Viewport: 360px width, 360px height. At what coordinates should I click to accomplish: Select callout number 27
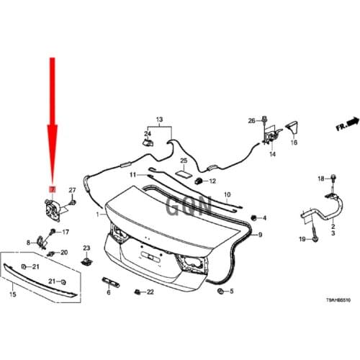[72, 189]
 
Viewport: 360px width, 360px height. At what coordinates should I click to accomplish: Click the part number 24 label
[147, 133]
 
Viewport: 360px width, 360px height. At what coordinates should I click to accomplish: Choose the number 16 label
[294, 143]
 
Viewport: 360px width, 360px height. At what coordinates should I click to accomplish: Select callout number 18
[321, 178]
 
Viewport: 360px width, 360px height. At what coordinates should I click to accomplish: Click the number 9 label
[261, 235]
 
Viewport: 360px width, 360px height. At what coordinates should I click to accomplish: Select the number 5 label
[232, 292]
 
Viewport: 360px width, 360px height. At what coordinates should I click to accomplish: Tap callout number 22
[150, 292]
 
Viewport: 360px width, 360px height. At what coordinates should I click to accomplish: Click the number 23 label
[86, 248]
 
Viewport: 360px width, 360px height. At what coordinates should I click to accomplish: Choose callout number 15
[11, 295]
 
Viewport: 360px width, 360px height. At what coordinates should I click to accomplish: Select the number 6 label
[108, 293]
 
